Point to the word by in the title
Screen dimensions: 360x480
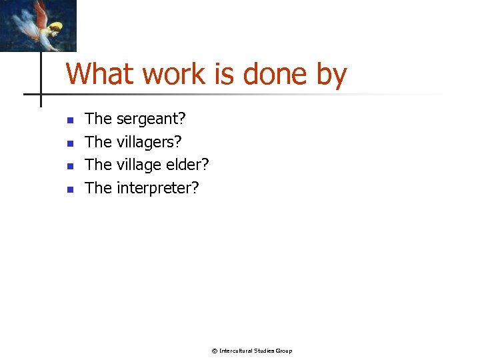click(x=331, y=75)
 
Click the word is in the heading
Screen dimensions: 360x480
click(x=225, y=73)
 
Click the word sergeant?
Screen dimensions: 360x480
click(x=151, y=119)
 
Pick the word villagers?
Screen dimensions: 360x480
click(x=149, y=142)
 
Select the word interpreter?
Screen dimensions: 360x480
click(x=157, y=188)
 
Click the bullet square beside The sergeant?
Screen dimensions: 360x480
click(x=69, y=121)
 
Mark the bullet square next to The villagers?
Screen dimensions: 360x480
click(x=69, y=143)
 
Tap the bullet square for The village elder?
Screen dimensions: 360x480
click(x=69, y=166)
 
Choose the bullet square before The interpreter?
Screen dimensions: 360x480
click(x=69, y=189)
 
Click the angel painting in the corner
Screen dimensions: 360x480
click(x=38, y=25)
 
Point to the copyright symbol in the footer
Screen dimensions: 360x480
click(x=215, y=351)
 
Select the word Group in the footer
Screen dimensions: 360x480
click(x=284, y=351)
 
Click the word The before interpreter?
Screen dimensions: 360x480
click(x=99, y=188)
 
